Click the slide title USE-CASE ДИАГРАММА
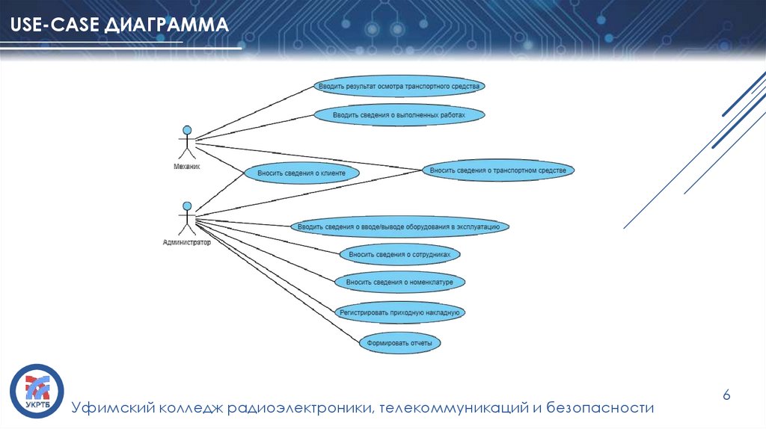pos(120,27)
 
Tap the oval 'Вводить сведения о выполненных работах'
pos(399,115)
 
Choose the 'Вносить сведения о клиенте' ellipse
pos(301,173)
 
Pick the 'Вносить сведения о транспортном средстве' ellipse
pos(498,170)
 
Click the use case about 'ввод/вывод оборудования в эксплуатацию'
pos(399,226)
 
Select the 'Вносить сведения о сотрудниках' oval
pos(399,254)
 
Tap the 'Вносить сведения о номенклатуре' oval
pos(400,283)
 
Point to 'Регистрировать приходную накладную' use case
pos(400,312)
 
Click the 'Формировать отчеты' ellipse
pos(399,344)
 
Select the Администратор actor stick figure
pos(187,218)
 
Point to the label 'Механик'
pos(187,167)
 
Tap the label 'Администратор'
pos(187,243)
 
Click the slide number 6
pos(725,395)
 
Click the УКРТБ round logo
pos(37,391)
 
